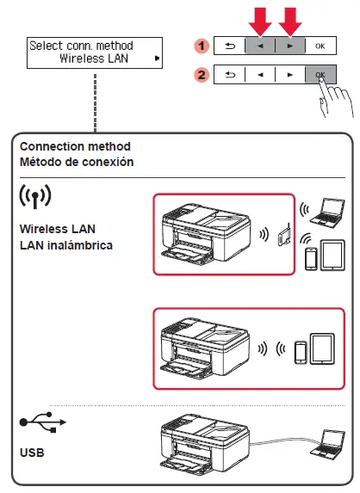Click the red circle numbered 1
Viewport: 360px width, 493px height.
point(199,43)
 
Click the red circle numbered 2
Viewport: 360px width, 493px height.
point(199,75)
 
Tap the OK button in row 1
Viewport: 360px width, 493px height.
point(320,44)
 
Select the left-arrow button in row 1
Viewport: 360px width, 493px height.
point(260,44)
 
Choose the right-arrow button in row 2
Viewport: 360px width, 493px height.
point(289,75)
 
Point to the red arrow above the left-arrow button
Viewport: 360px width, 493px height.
point(260,18)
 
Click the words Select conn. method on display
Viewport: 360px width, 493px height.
point(81,45)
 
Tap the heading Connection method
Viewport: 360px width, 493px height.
point(75,147)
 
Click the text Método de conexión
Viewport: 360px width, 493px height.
point(77,162)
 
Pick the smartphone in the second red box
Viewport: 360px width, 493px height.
point(301,352)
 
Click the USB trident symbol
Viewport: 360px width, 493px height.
point(40,424)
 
